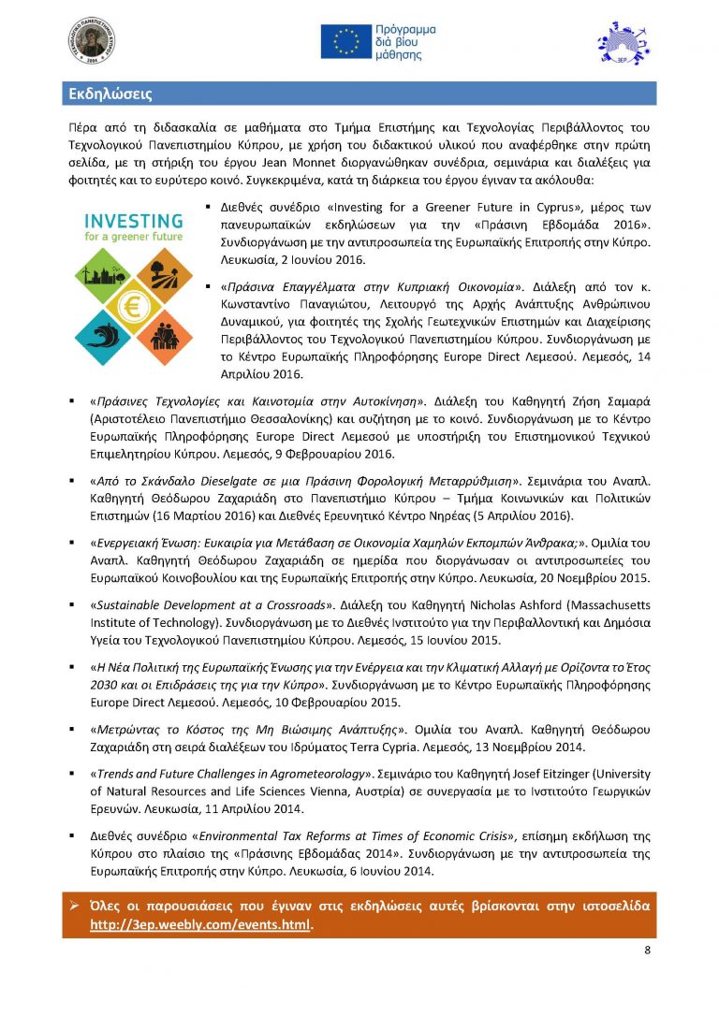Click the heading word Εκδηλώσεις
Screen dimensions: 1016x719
110,94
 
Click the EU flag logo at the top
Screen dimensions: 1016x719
345,42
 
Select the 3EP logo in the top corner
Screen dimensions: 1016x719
621,43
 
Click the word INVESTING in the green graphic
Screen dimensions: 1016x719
133,221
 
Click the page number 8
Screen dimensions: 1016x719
647,951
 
